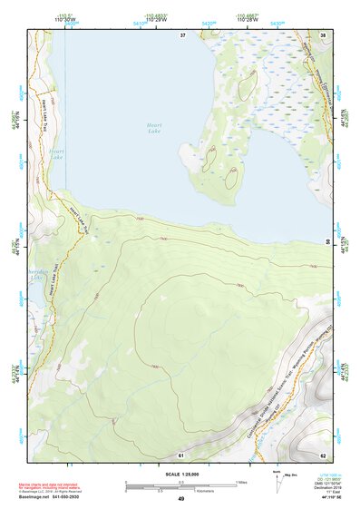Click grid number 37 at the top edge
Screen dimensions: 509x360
(x=182, y=35)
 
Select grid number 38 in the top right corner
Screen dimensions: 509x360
(x=324, y=35)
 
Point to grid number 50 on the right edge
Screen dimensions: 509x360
(x=327, y=241)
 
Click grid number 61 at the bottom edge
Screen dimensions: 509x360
(x=181, y=453)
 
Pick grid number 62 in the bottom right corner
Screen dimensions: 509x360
(x=322, y=453)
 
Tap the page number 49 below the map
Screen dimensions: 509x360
(x=180, y=498)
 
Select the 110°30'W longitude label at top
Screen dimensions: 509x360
(x=65, y=19)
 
